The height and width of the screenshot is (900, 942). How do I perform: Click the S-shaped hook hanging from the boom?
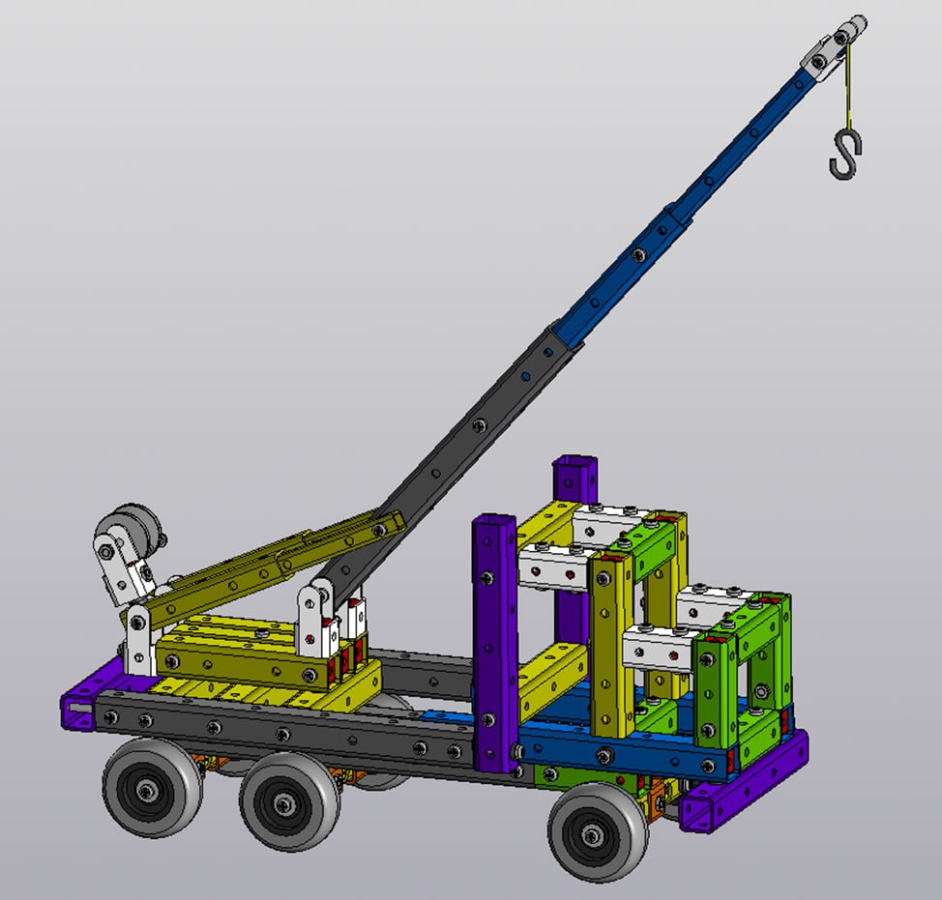tap(845, 155)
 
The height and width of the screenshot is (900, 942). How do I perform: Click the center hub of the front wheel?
tap(591, 832)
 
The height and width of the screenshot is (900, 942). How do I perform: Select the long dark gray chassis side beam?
tap(290, 734)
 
